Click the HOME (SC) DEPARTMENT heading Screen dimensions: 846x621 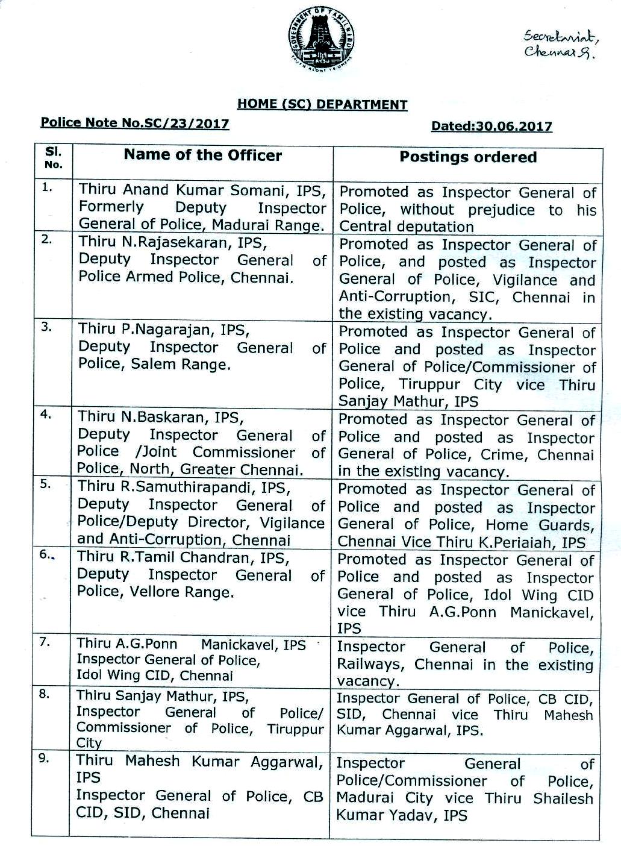click(x=322, y=104)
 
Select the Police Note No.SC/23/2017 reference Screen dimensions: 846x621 click(x=134, y=124)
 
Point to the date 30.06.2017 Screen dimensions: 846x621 click(x=513, y=126)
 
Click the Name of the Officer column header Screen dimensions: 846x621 click(x=202, y=155)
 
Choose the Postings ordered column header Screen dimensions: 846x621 click(x=468, y=157)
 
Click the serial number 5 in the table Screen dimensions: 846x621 click(x=45, y=483)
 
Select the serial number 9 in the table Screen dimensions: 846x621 click(x=45, y=759)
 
